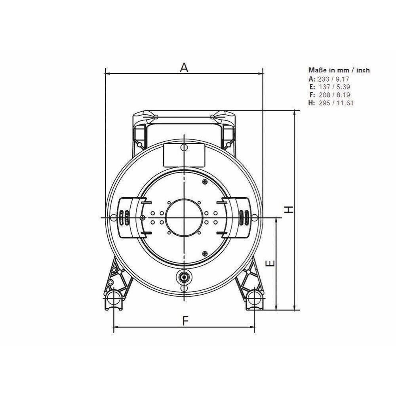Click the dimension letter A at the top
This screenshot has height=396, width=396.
coord(184,67)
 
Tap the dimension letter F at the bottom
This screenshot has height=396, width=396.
coord(186,321)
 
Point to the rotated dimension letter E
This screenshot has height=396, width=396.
coord(270,264)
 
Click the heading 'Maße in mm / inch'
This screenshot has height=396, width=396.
coord(339,70)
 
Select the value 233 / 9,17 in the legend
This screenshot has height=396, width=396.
coord(333,79)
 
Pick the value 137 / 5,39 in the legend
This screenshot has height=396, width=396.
coord(334,87)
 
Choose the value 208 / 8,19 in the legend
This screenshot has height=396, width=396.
coord(334,95)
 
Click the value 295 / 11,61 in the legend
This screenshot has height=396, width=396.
coord(336,103)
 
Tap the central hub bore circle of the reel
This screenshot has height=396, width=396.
coord(184,217)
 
